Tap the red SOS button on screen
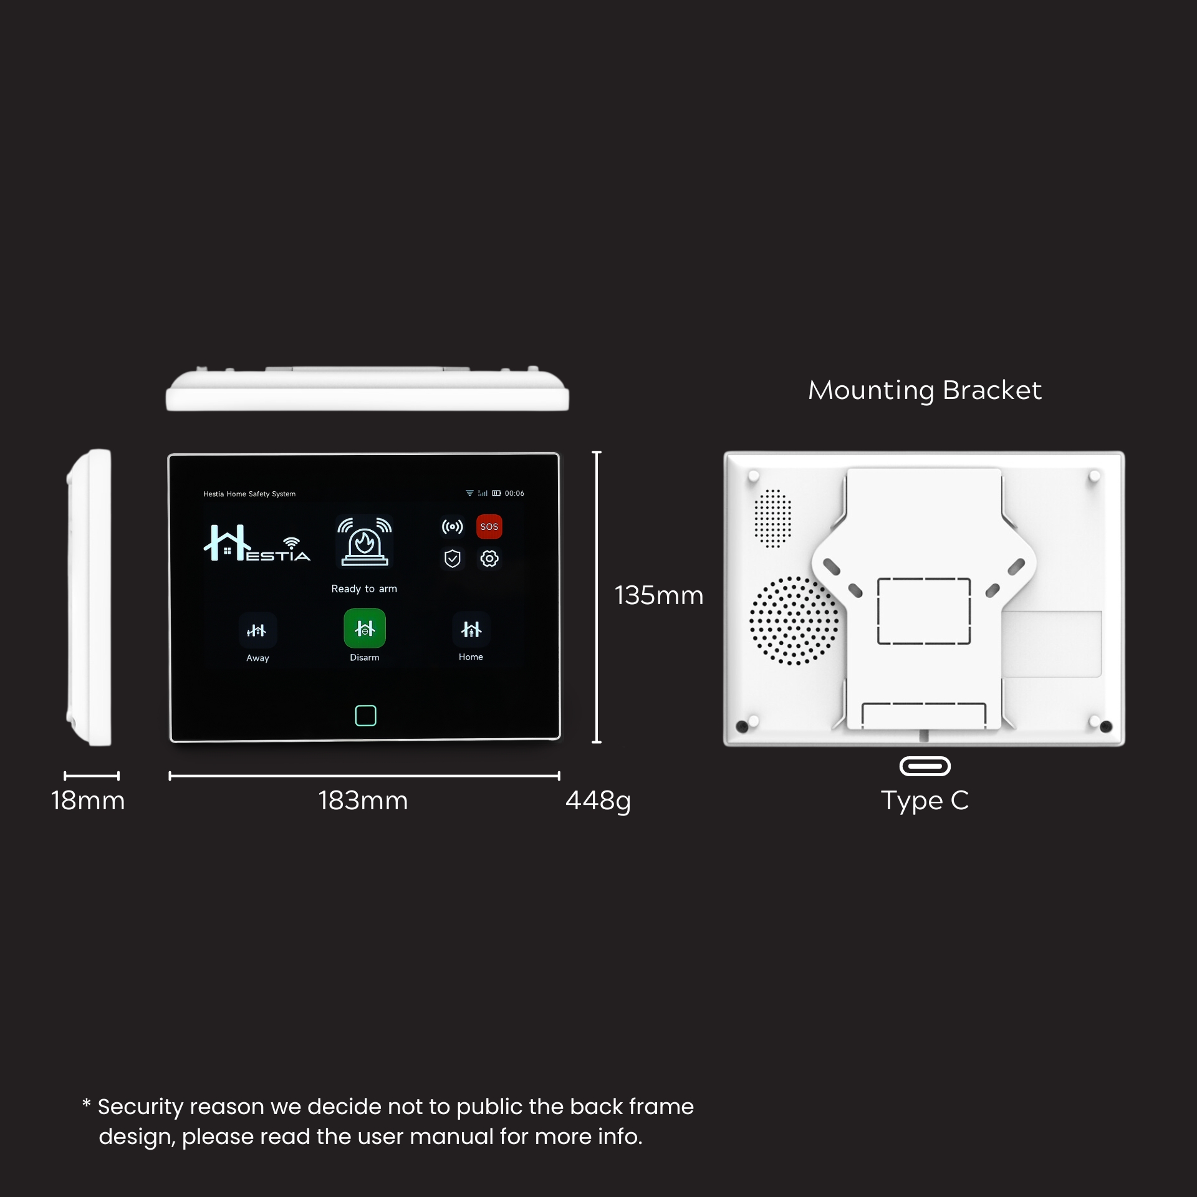click(x=489, y=527)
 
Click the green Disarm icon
click(x=365, y=628)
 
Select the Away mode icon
click(x=257, y=631)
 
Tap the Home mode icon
click(x=471, y=630)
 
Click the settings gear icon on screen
click(x=489, y=559)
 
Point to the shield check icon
click(x=453, y=559)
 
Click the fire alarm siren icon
click(x=364, y=541)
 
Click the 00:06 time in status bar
click(x=514, y=493)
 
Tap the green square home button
click(x=365, y=716)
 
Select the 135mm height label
click(x=658, y=595)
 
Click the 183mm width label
click(x=363, y=800)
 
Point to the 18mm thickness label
click(x=88, y=800)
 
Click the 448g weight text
click(x=598, y=800)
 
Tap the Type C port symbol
click(x=925, y=766)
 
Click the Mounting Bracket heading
click(x=925, y=391)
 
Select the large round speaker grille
click(x=793, y=621)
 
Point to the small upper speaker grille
click(x=772, y=519)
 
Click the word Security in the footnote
click(x=140, y=1107)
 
